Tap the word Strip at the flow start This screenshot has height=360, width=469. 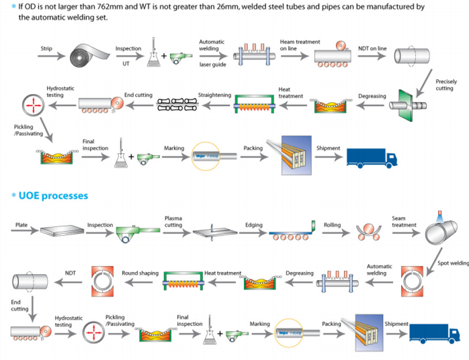point(46,48)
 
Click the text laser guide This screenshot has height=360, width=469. point(212,64)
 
